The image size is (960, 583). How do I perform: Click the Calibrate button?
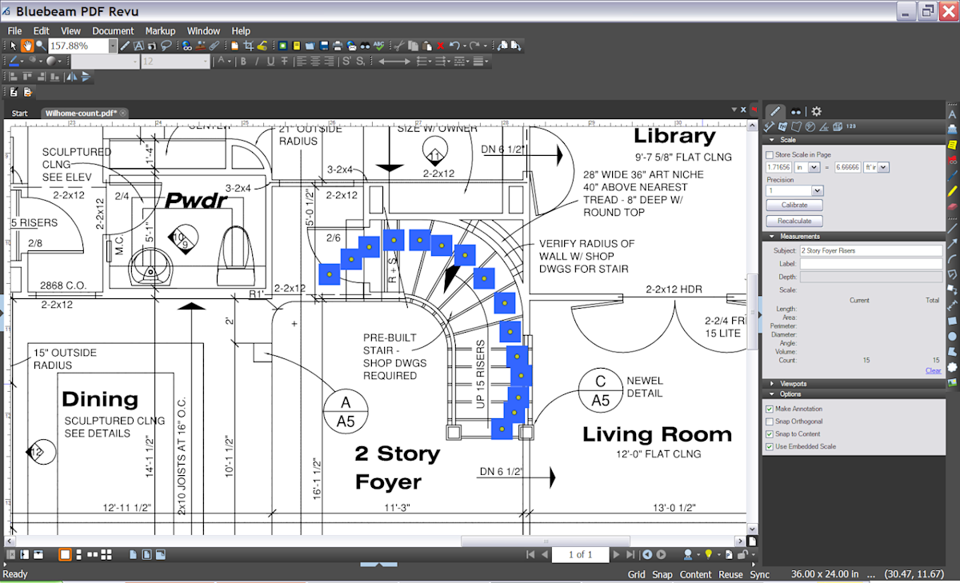click(x=794, y=205)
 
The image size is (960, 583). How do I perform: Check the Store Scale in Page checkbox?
click(x=770, y=154)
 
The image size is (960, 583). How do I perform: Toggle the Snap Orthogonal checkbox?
click(x=770, y=421)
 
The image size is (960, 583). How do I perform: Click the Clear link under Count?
click(x=933, y=370)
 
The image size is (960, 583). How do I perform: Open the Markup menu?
click(x=160, y=31)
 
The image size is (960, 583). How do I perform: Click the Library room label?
click(x=674, y=137)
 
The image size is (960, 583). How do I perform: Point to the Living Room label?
click(x=657, y=435)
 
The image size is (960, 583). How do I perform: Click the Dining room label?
click(x=100, y=399)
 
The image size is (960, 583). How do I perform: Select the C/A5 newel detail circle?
click(x=600, y=390)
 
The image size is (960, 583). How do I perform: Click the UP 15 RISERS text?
click(x=481, y=374)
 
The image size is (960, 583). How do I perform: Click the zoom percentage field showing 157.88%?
click(x=78, y=46)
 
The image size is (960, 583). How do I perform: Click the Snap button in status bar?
click(x=662, y=574)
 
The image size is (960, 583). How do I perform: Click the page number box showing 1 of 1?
click(x=580, y=554)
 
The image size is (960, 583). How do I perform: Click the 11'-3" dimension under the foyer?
click(x=397, y=508)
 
